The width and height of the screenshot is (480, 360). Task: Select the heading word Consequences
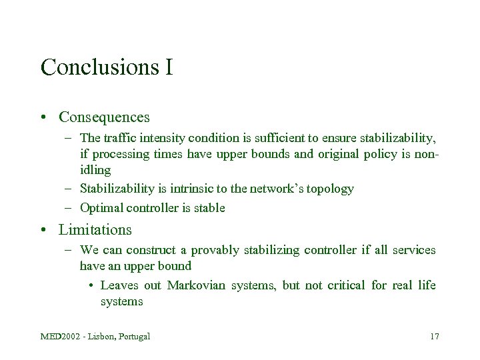(x=104, y=117)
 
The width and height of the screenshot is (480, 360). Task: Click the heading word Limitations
(x=95, y=230)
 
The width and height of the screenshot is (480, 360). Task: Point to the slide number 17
(x=434, y=336)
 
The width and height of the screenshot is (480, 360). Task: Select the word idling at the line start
(x=95, y=170)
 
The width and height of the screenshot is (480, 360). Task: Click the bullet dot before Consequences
(x=43, y=118)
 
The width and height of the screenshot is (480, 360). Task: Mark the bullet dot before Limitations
(x=43, y=231)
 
